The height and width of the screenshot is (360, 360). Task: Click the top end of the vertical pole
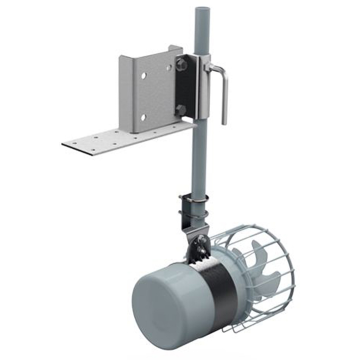click(202, 10)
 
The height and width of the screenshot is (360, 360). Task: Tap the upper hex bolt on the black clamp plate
click(181, 64)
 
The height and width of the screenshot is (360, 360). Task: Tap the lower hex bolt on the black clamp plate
click(181, 110)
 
